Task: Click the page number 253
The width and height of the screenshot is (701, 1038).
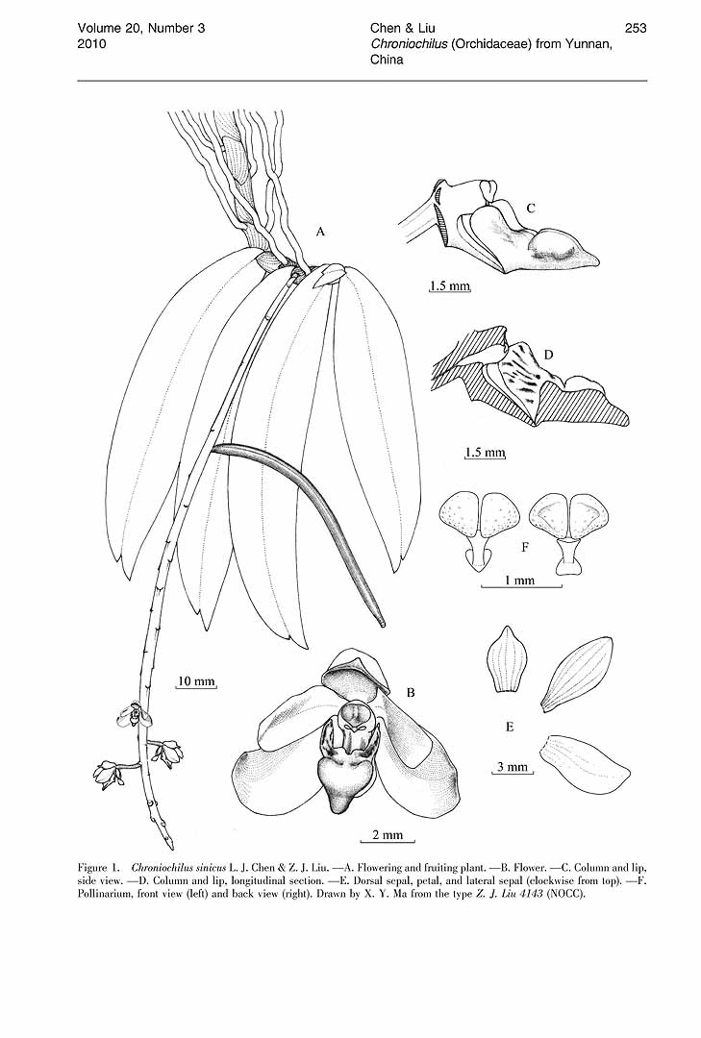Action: [x=636, y=28]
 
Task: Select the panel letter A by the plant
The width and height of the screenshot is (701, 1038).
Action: [x=321, y=231]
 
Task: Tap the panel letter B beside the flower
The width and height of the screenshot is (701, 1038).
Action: [x=411, y=693]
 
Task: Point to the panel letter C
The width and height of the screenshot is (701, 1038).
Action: [x=531, y=208]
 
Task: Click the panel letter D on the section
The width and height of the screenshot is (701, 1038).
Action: [x=549, y=355]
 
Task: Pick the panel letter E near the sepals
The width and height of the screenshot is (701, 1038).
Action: [x=510, y=727]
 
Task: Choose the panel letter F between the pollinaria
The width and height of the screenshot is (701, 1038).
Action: [x=525, y=547]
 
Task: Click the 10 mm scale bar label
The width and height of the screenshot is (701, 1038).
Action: [x=197, y=681]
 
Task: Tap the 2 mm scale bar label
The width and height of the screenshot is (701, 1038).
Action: [x=388, y=835]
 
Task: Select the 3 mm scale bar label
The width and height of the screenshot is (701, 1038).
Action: [x=513, y=767]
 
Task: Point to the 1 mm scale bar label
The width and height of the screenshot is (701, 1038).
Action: [x=519, y=581]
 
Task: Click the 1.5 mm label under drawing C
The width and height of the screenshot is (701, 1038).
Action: [x=450, y=286]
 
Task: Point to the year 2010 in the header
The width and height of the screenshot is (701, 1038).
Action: [x=91, y=43]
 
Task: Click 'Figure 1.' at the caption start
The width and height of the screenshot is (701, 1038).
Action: [x=98, y=867]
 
